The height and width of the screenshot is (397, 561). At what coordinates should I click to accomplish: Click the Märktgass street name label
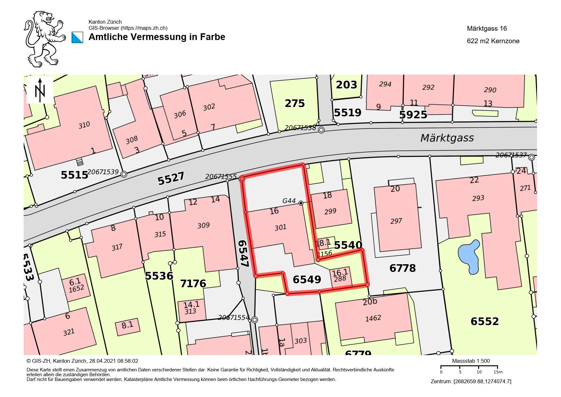(447, 138)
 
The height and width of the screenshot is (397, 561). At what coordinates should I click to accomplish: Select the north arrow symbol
(40, 90)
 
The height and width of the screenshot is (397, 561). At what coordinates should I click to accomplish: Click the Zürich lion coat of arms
(44, 39)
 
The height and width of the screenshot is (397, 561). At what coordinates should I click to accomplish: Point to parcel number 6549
(307, 280)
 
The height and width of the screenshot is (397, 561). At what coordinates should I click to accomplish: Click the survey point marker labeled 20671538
(321, 130)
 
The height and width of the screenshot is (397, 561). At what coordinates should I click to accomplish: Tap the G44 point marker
(301, 203)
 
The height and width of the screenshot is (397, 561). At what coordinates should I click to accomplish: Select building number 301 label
(280, 227)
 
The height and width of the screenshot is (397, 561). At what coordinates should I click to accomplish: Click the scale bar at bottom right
(469, 367)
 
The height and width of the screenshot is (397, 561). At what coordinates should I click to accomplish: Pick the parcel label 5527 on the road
(171, 178)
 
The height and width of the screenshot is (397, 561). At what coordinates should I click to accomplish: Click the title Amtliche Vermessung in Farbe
(157, 37)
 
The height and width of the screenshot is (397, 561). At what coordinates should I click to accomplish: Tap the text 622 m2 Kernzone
(493, 41)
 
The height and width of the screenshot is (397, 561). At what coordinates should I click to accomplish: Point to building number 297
(396, 221)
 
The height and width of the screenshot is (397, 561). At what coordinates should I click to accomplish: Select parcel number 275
(295, 103)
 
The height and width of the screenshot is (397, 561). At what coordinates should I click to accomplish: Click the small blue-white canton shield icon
(77, 37)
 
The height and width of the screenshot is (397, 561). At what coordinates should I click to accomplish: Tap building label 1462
(373, 318)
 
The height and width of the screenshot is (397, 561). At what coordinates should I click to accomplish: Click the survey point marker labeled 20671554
(255, 320)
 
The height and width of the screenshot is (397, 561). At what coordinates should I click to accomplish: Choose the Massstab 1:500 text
(471, 361)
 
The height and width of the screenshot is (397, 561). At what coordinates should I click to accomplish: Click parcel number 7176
(193, 283)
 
